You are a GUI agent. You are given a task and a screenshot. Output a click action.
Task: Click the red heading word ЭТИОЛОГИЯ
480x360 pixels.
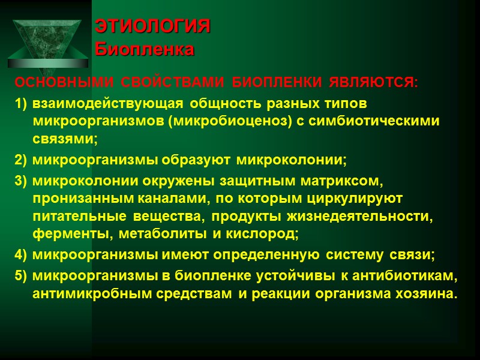click(154, 27)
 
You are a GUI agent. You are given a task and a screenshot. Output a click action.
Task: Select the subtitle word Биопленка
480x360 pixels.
click(145, 49)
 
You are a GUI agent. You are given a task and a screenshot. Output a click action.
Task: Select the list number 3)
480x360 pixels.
click(21, 181)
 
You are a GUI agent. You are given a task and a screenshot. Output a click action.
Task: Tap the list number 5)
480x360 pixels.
click(21, 275)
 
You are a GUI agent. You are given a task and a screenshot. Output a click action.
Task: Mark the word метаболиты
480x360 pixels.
click(164, 232)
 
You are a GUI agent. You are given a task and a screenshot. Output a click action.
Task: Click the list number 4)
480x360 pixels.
click(21, 254)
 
